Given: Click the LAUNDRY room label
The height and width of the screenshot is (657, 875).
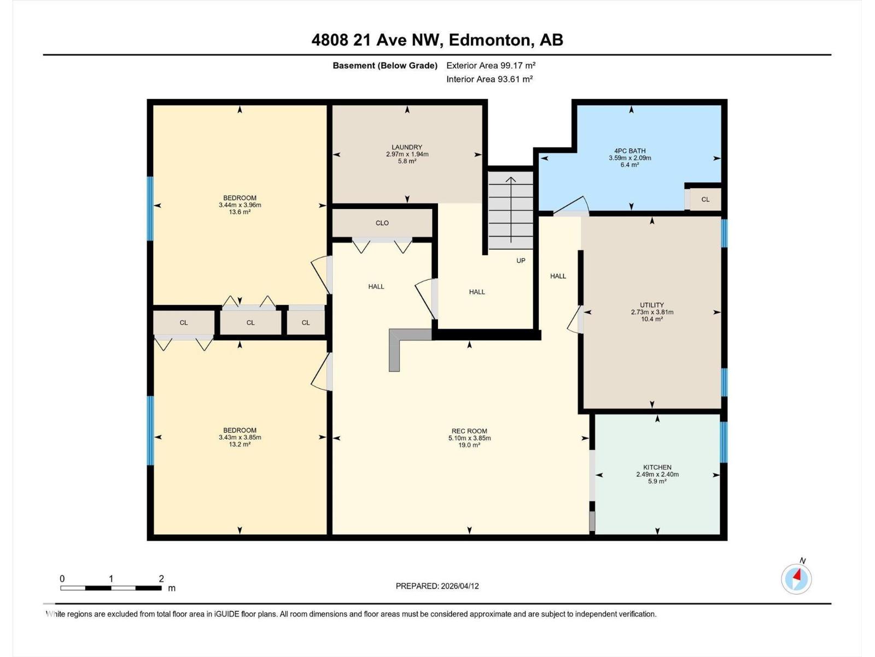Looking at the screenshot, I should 406,147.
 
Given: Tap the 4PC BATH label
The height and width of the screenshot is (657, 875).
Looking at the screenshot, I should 629,151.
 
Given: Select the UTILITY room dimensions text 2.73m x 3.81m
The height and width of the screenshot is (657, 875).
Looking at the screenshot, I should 652,312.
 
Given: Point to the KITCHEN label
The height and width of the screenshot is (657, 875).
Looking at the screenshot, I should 657,467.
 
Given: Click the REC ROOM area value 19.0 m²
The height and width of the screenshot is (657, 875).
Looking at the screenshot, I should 469,445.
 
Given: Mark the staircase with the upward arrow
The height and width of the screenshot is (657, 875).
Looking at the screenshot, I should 511,211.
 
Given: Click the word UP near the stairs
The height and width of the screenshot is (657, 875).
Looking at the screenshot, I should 521,261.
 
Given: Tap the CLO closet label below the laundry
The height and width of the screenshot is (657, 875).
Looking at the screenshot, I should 382,223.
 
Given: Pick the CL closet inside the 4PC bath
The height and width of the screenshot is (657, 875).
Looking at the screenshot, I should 705,199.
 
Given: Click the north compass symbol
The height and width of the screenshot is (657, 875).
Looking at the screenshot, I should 796,578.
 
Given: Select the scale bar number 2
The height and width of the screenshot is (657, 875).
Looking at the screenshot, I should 161,579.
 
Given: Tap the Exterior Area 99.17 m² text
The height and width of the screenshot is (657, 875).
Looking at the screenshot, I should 491,65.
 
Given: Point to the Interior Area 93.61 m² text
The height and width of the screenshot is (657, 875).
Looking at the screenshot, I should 489,79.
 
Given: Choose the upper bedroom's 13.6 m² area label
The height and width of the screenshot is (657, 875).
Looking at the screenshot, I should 239,212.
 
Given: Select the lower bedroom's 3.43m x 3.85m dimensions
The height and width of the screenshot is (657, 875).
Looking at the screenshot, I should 240,437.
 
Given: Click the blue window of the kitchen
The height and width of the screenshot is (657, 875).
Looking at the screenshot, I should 724,441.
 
